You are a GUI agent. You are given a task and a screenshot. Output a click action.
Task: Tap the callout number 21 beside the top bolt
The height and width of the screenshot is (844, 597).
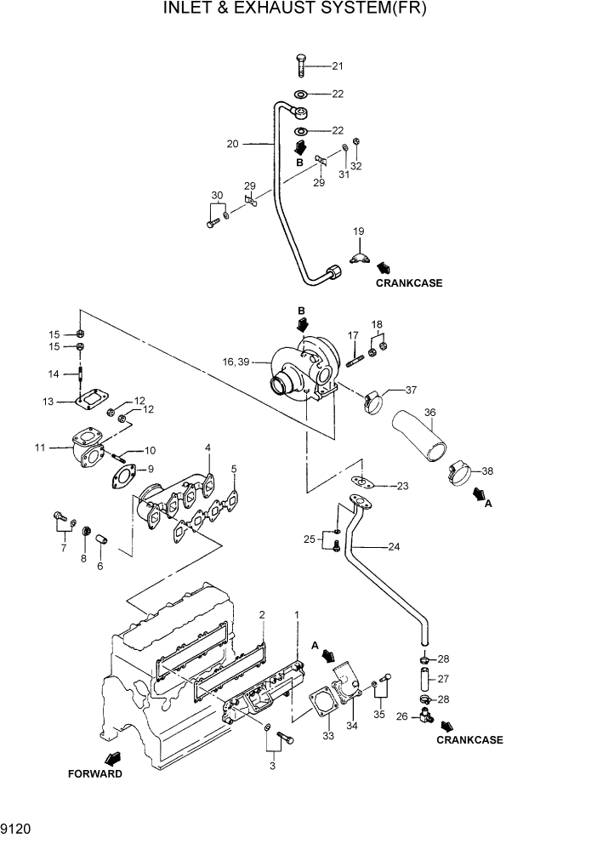(338, 66)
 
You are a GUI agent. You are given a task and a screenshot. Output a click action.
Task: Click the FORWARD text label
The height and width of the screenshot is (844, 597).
(95, 774)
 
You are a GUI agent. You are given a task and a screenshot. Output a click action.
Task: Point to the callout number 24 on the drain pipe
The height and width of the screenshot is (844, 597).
(393, 547)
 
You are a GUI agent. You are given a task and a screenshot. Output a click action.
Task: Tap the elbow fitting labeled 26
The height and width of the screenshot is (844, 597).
(425, 719)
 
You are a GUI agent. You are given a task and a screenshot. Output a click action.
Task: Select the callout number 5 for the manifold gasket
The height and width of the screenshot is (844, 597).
(234, 468)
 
